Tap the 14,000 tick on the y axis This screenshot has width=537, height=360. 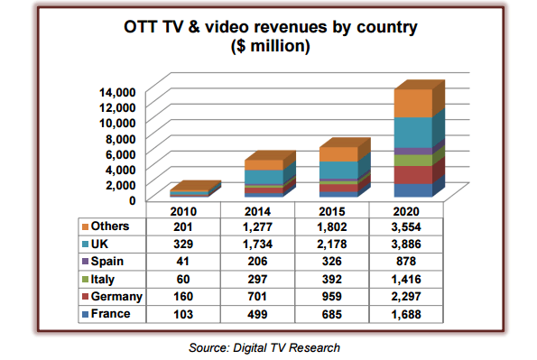tap(116, 92)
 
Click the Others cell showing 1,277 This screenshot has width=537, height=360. tap(259, 226)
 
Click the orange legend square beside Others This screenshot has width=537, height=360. tap(85, 226)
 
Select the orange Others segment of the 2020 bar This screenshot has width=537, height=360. tap(412, 103)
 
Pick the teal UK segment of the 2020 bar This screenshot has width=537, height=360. tap(412, 132)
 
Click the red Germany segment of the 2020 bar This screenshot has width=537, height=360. tap(412, 174)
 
